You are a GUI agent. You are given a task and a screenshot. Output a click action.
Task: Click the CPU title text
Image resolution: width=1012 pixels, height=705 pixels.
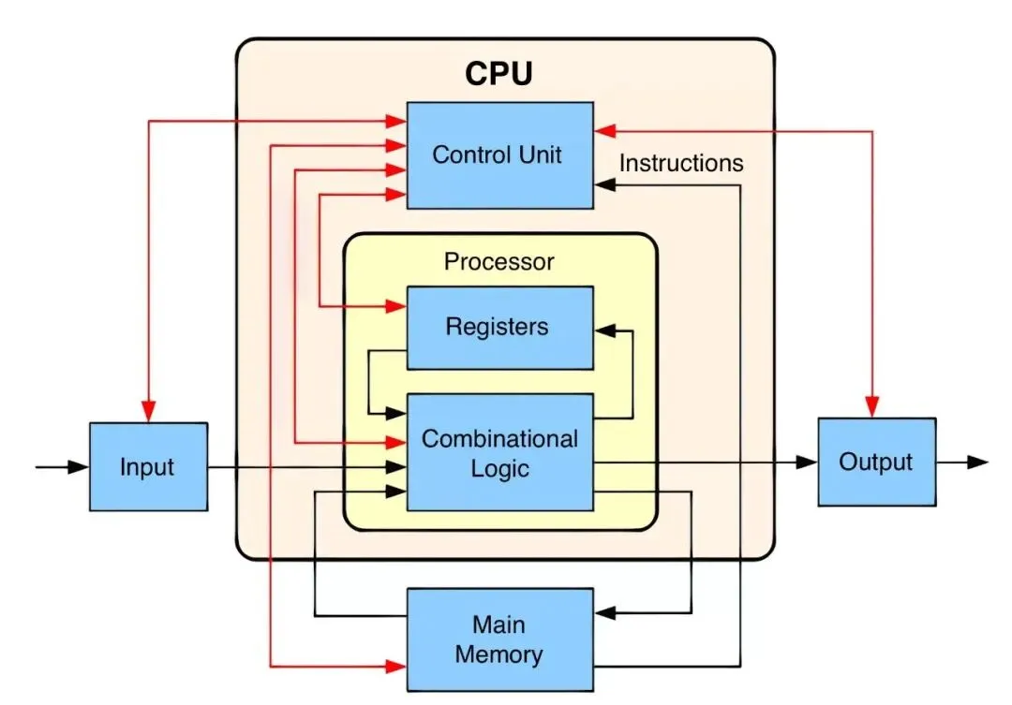(499, 73)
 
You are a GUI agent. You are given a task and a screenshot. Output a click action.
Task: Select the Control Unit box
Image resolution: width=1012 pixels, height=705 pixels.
(499, 154)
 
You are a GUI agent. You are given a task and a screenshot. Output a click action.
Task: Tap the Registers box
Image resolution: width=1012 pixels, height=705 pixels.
(499, 327)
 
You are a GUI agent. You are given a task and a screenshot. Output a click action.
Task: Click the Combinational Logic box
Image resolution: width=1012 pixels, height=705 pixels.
(499, 452)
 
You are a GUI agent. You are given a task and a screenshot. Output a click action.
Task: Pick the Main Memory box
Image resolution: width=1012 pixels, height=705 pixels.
(499, 639)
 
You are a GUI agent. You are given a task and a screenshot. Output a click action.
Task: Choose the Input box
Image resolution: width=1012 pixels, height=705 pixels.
(148, 466)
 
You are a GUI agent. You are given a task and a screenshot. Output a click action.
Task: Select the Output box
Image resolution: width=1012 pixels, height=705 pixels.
(876, 462)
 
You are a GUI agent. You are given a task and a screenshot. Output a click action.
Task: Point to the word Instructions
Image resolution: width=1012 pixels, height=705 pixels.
(681, 163)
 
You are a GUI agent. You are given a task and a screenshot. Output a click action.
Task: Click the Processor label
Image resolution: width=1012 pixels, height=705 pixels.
(499, 261)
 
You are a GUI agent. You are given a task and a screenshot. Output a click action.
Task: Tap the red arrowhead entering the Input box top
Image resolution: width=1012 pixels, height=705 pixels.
(148, 411)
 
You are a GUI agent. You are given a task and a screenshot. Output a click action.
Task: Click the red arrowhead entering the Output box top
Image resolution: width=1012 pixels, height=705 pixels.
(872, 405)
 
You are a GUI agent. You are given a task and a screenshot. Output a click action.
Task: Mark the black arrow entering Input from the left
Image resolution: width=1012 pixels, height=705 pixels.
(75, 465)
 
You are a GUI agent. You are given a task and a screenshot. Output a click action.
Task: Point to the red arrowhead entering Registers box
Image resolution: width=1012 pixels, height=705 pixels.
(394, 306)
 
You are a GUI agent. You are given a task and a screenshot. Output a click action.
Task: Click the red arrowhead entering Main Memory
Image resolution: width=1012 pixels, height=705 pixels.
(394, 667)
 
